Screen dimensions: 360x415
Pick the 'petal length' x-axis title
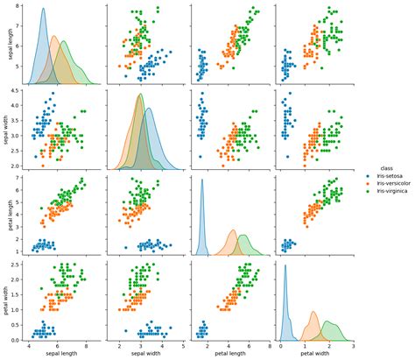click(x=227, y=355)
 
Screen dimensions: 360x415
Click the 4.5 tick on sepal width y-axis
click(x=18, y=91)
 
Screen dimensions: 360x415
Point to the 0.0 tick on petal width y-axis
click(x=18, y=339)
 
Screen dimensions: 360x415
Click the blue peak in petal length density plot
click(x=202, y=180)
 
